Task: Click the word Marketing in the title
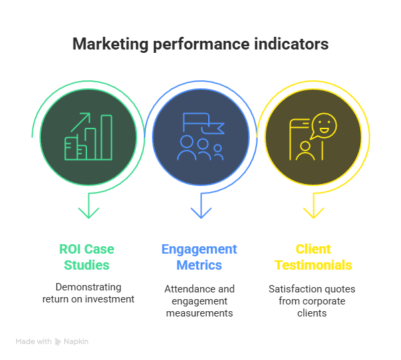click(x=110, y=44)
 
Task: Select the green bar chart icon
click(x=88, y=137)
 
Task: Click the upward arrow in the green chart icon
click(x=80, y=122)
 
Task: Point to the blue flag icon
click(x=204, y=123)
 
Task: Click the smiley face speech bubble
click(x=323, y=126)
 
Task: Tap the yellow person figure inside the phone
click(x=305, y=151)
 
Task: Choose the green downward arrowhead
click(x=88, y=213)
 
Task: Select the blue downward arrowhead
click(x=201, y=213)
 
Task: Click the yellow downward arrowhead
click(x=313, y=213)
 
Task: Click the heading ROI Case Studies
click(x=87, y=257)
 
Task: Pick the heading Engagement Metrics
click(x=199, y=257)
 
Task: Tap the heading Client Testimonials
click(x=313, y=257)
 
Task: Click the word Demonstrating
click(x=88, y=287)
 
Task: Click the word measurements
click(x=199, y=313)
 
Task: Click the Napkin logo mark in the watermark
click(x=58, y=342)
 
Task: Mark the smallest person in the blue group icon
click(x=218, y=152)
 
